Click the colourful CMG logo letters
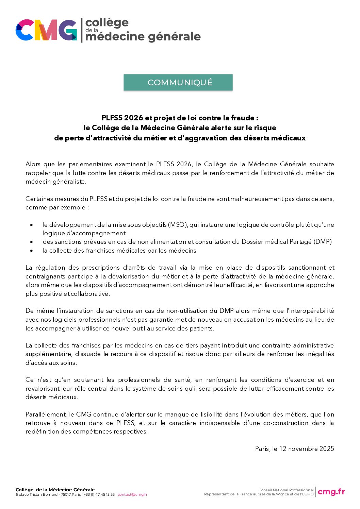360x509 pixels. tap(46, 30)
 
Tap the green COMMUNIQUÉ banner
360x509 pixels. tap(178, 82)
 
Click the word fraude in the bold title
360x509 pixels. tap(243, 118)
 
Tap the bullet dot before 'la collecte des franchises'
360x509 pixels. tap(32, 251)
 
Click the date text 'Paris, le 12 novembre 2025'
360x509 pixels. tap(294, 449)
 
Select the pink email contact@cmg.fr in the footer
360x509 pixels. tap(132, 495)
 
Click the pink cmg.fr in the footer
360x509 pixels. tap(331, 492)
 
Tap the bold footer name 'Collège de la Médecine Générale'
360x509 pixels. tap(55, 490)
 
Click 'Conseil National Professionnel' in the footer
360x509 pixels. tap(286, 490)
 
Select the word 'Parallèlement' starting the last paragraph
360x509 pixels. tap(46, 414)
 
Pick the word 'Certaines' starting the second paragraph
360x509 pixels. tap(38, 199)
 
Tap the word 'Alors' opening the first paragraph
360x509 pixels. tap(33, 164)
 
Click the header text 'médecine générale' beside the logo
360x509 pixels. tap(143, 36)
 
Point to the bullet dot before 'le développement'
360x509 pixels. tap(32, 225)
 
